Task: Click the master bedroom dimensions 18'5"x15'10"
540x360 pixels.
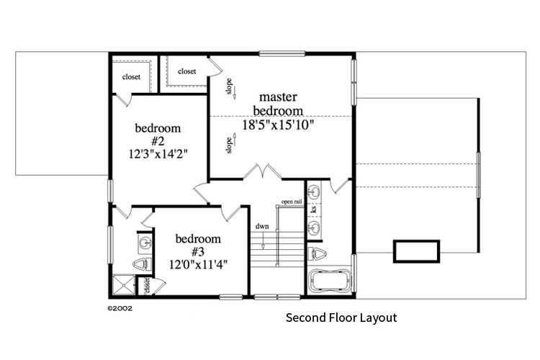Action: pos(277,125)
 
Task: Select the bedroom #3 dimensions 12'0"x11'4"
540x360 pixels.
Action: pos(198,264)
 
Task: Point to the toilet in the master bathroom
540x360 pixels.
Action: pos(318,253)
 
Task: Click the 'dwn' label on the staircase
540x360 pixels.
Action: pos(262,226)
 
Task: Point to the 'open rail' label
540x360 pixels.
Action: pos(292,202)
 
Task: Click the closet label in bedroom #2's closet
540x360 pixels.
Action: pos(131,77)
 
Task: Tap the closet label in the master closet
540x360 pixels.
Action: pos(187,71)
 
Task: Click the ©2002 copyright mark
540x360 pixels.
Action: pos(120,307)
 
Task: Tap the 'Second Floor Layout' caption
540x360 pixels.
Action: pos(341,318)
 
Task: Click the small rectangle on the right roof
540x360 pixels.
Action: pos(416,251)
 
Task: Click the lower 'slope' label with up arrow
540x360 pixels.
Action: pos(230,145)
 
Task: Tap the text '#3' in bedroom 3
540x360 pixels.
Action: pos(198,251)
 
